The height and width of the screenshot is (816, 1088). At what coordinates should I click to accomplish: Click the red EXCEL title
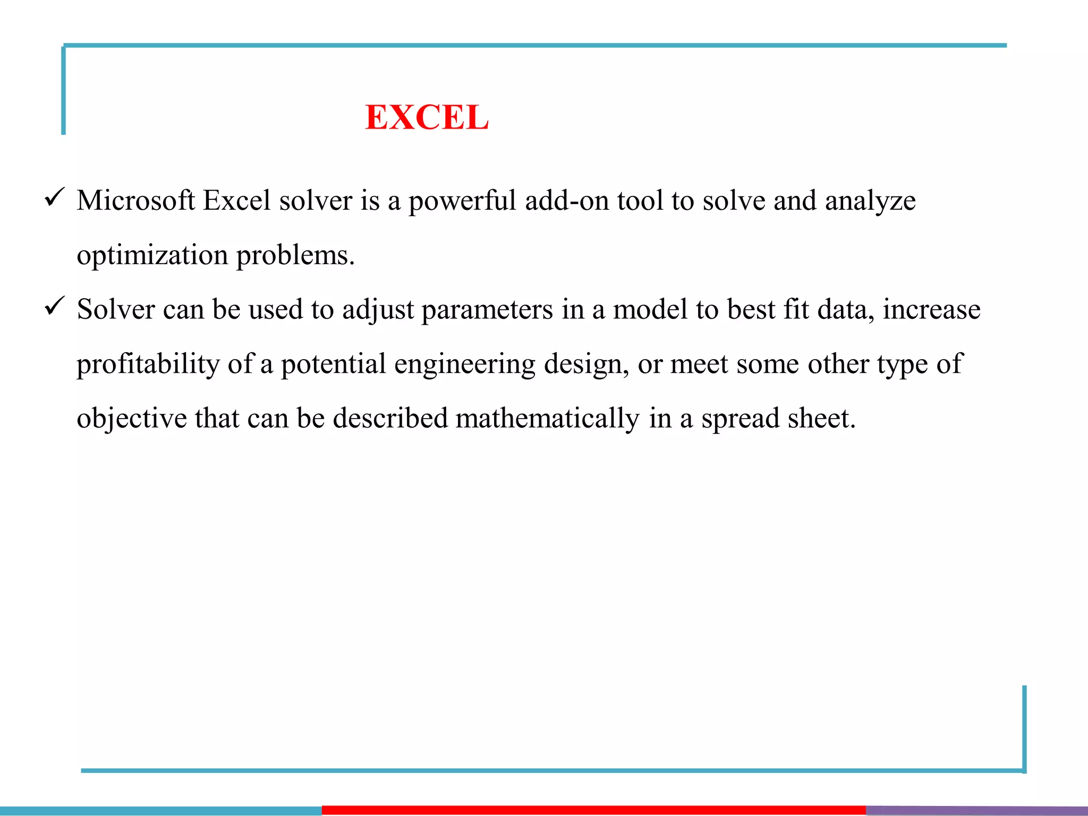pos(427,117)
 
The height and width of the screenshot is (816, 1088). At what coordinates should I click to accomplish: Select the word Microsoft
pos(135,201)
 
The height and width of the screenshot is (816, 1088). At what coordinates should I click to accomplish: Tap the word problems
pos(295,256)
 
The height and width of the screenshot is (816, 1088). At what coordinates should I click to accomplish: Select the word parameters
pos(487,310)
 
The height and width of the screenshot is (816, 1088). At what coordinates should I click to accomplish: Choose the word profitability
pos(148,364)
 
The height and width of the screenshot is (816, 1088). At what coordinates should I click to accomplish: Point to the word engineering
pos(465,365)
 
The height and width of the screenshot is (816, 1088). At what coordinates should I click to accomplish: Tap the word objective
pos(131,419)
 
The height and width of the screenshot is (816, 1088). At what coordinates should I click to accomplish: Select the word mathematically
pos(547,419)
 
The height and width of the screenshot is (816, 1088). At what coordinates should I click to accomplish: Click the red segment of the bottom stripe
pos(593,810)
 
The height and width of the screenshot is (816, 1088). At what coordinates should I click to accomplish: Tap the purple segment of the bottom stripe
pos(976,810)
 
